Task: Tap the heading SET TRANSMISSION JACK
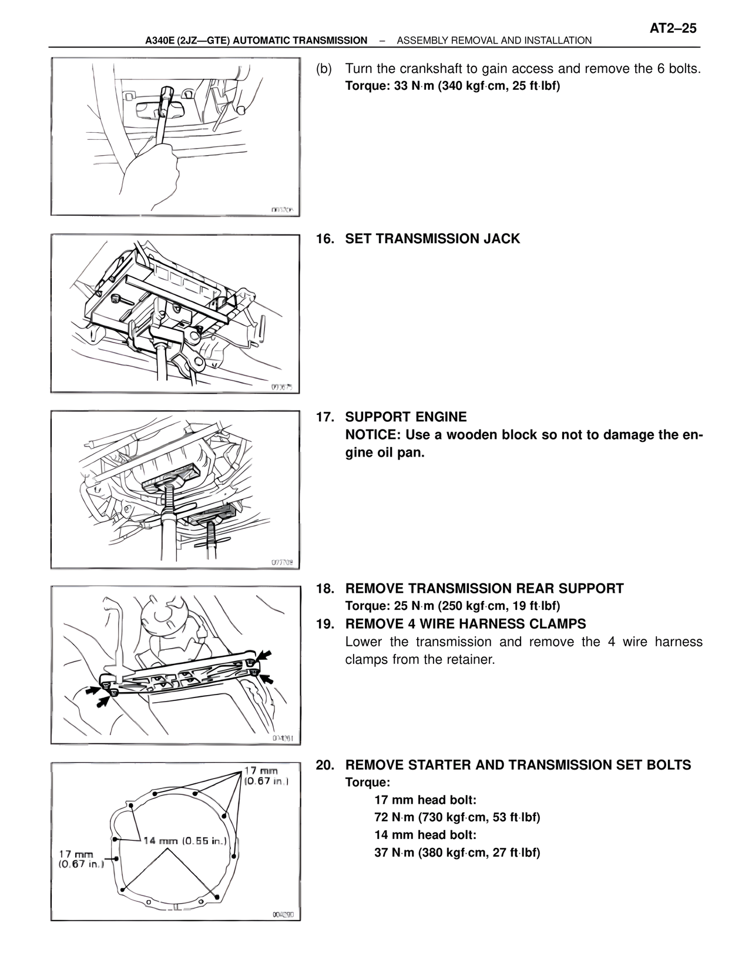(x=432, y=239)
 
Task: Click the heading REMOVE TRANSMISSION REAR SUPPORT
(x=484, y=589)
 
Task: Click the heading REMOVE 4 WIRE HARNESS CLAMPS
(x=465, y=624)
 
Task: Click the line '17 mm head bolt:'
(x=425, y=800)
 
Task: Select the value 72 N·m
(x=394, y=817)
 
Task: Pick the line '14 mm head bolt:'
(x=425, y=835)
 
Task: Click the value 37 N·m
(x=394, y=853)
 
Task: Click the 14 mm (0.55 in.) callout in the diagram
(x=185, y=841)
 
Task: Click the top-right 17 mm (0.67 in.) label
(x=266, y=776)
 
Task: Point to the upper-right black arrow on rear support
(x=265, y=655)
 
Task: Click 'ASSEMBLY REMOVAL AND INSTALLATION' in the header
(x=494, y=41)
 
